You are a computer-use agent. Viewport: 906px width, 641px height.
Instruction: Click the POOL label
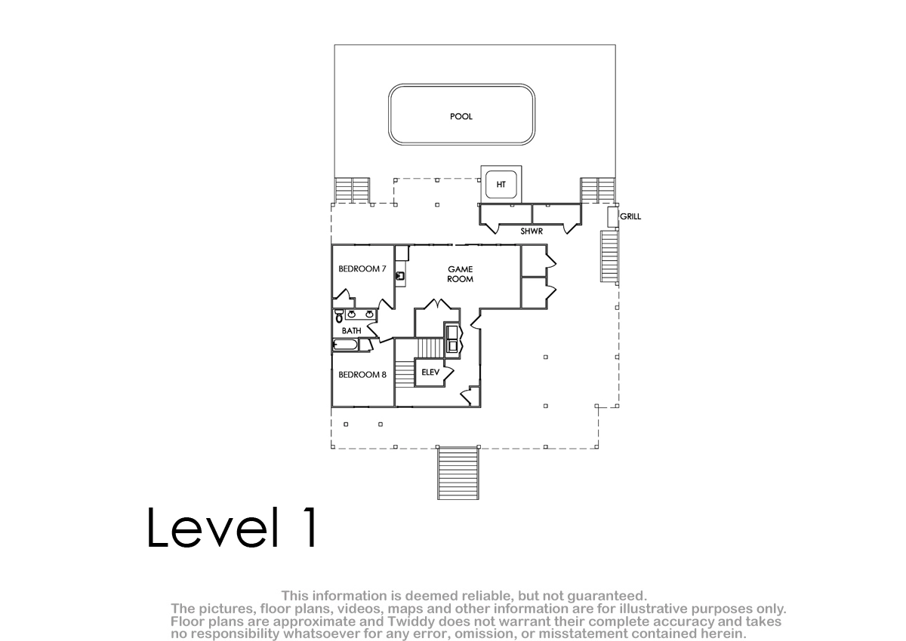[x=461, y=116]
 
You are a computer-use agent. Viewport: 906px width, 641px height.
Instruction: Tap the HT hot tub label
[x=501, y=185]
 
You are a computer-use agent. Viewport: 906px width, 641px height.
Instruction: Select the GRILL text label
[x=630, y=216]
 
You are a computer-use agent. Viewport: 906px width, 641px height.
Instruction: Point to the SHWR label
[x=532, y=232]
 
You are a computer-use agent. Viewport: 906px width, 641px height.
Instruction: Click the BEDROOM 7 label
[x=362, y=268]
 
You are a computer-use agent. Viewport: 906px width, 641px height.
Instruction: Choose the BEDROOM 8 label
[x=362, y=375]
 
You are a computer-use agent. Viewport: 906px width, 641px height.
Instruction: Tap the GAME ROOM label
[x=461, y=274]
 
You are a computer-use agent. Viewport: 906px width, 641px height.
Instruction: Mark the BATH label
[x=352, y=331]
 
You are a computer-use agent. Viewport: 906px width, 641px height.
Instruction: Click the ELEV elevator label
[x=430, y=372]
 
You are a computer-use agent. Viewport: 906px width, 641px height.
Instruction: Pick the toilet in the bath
[x=339, y=316]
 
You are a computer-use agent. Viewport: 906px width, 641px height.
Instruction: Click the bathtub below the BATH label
[x=345, y=345]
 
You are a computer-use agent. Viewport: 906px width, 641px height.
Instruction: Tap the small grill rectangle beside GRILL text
[x=613, y=217]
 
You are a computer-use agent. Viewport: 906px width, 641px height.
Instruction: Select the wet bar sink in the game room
[x=400, y=276]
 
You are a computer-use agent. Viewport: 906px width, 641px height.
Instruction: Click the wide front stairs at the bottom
[x=458, y=473]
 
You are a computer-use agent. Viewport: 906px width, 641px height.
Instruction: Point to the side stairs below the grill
[x=609, y=256]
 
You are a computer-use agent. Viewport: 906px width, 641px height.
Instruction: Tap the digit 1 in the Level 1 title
[x=310, y=527]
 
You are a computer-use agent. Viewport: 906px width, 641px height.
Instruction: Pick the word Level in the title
[x=213, y=527]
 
